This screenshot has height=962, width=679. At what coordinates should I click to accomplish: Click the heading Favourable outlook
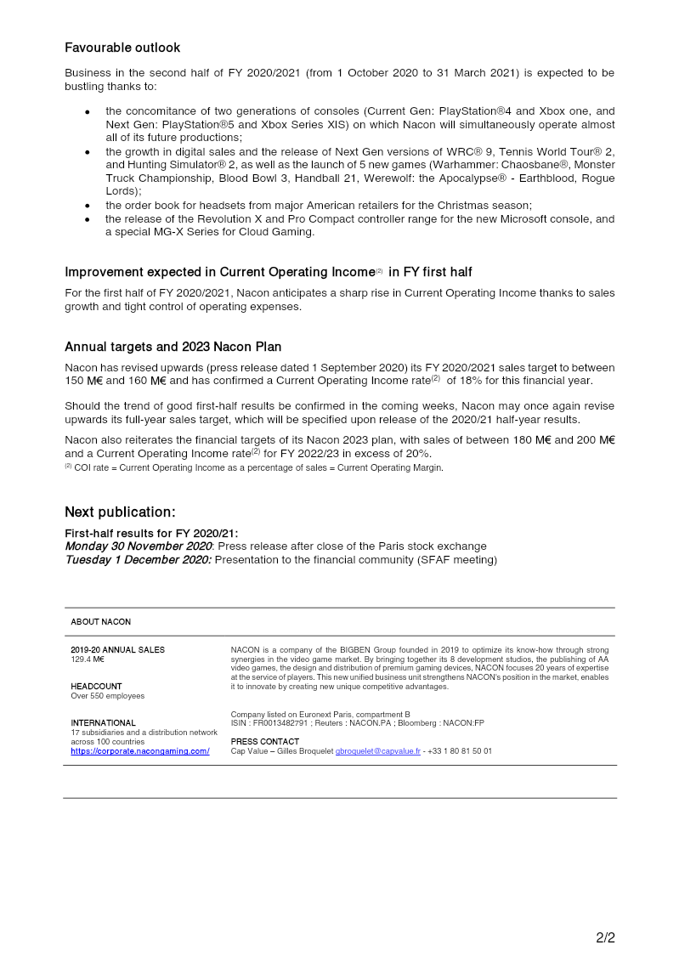click(122, 48)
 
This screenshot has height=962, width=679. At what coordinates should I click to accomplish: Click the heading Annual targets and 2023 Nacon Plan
click(173, 347)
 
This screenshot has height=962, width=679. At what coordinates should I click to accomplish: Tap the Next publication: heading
click(120, 512)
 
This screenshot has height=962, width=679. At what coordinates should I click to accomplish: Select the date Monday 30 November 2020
click(138, 546)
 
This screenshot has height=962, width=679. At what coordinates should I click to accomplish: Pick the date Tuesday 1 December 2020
click(138, 560)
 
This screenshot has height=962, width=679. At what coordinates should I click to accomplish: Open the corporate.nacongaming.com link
click(140, 751)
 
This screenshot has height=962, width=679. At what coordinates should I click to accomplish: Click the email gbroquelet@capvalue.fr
click(378, 751)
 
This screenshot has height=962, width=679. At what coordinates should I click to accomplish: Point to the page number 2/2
click(605, 938)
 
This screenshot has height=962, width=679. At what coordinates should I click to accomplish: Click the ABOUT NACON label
click(101, 622)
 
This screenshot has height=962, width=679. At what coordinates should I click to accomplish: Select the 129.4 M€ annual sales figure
click(88, 659)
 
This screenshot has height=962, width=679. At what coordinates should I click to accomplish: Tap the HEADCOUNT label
click(96, 687)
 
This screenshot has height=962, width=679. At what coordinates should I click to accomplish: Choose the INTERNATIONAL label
click(103, 723)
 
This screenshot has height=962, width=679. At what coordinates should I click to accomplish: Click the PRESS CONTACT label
click(265, 742)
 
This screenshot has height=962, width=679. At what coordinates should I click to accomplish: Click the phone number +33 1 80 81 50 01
click(460, 751)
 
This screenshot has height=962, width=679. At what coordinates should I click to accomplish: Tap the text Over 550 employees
click(108, 696)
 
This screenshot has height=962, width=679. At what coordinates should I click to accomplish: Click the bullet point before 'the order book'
click(88, 206)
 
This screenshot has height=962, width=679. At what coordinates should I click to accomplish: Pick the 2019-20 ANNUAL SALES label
click(117, 650)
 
